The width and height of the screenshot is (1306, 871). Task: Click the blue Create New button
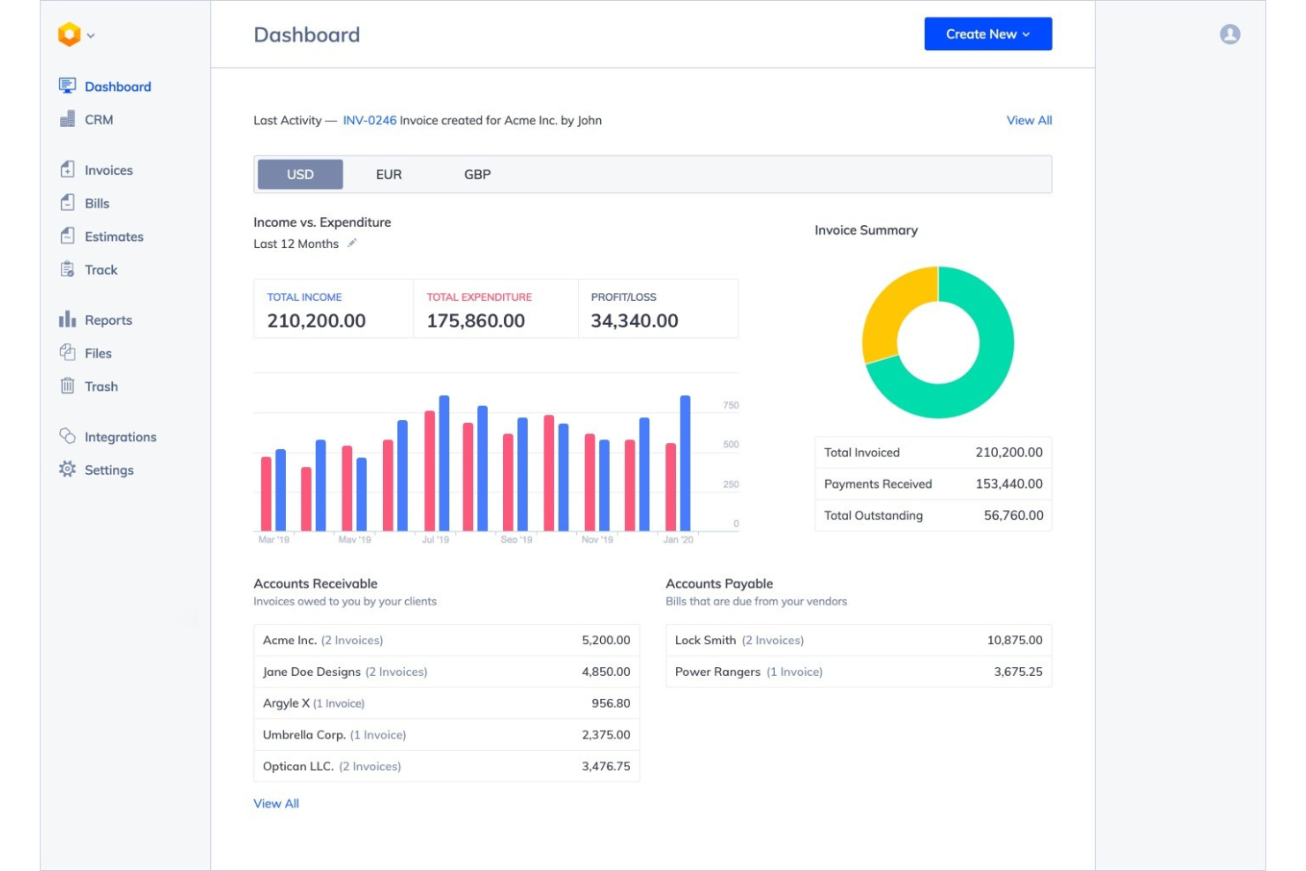coord(987,34)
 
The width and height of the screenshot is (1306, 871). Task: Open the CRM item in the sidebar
coord(98,120)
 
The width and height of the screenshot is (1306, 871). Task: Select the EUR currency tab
coord(388,175)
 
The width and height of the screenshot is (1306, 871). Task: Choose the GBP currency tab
coord(477,175)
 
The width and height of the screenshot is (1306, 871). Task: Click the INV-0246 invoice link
coord(369,121)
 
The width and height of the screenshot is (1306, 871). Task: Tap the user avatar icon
coord(1229,34)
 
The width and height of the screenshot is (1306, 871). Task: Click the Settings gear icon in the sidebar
coord(67,469)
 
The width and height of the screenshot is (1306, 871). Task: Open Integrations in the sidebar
coord(120,437)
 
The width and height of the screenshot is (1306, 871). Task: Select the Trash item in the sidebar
coord(101,387)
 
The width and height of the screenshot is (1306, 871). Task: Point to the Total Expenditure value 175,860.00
coord(476,321)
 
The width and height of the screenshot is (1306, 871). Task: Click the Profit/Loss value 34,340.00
coord(634,321)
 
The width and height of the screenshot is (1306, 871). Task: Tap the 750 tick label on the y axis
coord(731,406)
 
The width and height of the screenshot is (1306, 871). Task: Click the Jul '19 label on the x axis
coord(435,539)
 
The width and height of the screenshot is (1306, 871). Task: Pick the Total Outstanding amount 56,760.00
coord(1013,515)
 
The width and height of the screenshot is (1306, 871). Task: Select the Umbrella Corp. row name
coord(304,735)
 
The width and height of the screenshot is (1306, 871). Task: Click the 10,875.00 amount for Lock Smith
coord(1014,641)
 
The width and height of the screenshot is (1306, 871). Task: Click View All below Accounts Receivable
coord(276,804)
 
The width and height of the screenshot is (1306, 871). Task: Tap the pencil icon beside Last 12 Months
coord(351,244)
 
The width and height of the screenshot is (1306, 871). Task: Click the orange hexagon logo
coord(69,34)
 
